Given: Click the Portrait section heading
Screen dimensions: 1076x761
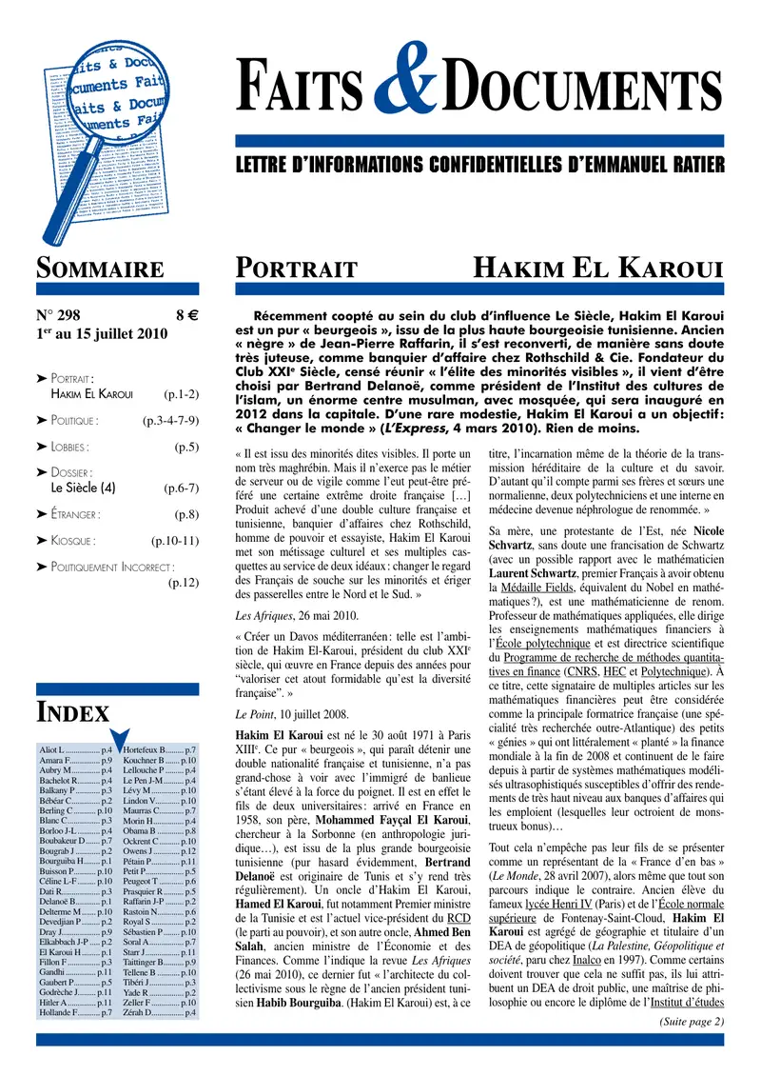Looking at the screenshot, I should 296,269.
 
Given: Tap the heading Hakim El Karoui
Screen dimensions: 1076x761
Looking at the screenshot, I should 600,269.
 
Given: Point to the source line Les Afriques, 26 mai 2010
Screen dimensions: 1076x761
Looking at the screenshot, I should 285,614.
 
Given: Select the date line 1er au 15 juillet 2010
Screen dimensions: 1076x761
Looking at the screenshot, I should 102,334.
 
